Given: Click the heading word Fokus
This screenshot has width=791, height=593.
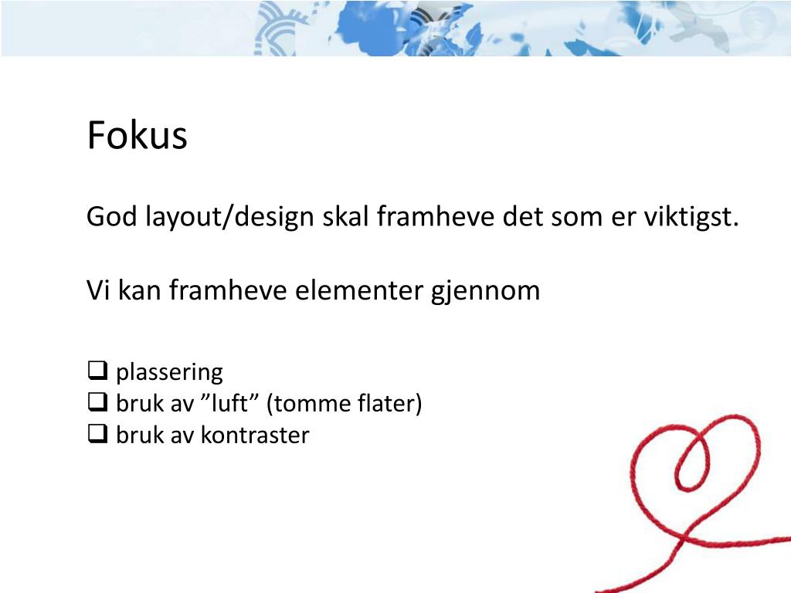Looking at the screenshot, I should (137, 136).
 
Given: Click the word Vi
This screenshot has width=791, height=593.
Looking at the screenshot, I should (95, 291).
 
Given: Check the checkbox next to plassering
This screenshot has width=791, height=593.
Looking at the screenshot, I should (97, 371).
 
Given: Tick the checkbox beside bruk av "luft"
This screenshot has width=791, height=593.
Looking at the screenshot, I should (97, 403).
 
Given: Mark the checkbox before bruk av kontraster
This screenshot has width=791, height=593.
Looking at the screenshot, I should (97, 435).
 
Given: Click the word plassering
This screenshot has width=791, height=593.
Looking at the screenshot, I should (169, 373).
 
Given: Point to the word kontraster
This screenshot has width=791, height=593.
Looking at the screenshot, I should (255, 435).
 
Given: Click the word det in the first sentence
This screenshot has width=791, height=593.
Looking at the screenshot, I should (522, 217).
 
